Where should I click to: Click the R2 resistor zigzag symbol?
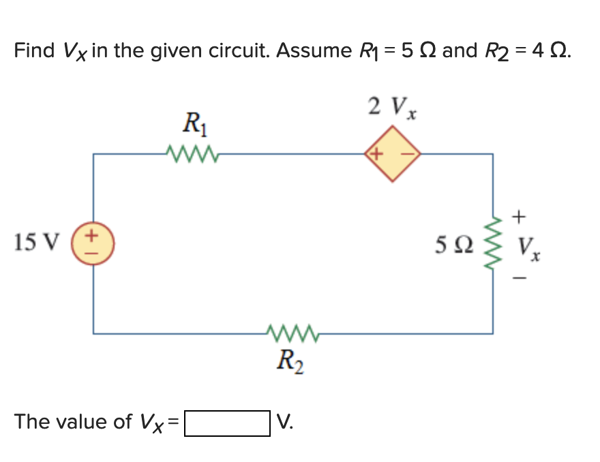292,333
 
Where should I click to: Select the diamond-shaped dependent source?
393,154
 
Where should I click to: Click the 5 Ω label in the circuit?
450,244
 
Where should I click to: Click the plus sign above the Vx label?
520,217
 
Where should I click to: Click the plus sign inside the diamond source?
377,154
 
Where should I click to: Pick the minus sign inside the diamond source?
407,154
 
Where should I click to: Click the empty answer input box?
227,423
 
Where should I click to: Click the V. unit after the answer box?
286,422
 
